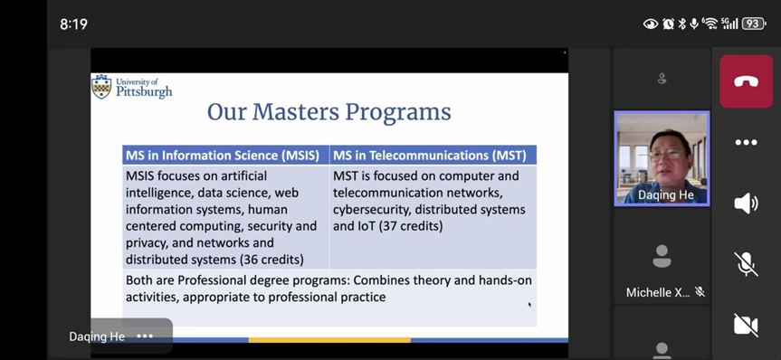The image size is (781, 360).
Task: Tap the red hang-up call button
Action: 746,81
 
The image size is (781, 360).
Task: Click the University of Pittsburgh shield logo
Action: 101,87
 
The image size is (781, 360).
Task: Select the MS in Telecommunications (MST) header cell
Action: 433,155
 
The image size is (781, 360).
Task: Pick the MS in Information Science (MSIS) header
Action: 225,155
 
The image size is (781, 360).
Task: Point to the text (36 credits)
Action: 271,260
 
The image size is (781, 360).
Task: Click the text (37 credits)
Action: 411,226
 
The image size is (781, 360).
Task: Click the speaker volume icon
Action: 746,204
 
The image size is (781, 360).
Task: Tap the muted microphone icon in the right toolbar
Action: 746,264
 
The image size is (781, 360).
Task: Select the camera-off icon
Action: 746,325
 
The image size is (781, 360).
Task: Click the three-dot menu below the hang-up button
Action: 746,142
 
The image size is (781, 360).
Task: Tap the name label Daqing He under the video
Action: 665,195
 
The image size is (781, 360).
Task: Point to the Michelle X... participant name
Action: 658,292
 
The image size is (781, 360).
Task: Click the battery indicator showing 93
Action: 753,24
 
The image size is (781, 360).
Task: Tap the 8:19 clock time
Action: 73,24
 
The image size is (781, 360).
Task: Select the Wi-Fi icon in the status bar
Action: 710,24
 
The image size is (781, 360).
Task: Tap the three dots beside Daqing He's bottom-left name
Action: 145,336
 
